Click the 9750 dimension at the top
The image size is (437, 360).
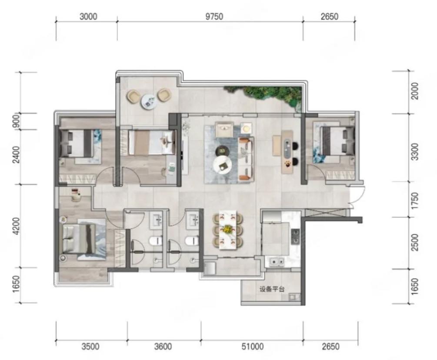click(x=214, y=17)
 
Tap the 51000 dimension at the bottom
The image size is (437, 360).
click(x=253, y=347)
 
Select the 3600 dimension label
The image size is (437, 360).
click(x=163, y=347)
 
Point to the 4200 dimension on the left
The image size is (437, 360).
click(x=17, y=226)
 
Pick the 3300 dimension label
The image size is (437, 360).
click(x=415, y=152)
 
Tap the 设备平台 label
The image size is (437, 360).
click(x=272, y=289)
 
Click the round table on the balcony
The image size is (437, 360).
click(x=148, y=101)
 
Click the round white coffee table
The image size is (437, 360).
click(x=222, y=165)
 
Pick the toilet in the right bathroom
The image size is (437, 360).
click(x=192, y=240)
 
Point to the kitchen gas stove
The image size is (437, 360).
click(x=295, y=236)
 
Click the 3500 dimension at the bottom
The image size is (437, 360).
click(x=90, y=347)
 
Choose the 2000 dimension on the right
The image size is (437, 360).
click(x=415, y=91)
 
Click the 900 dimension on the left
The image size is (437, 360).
click(x=17, y=120)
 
